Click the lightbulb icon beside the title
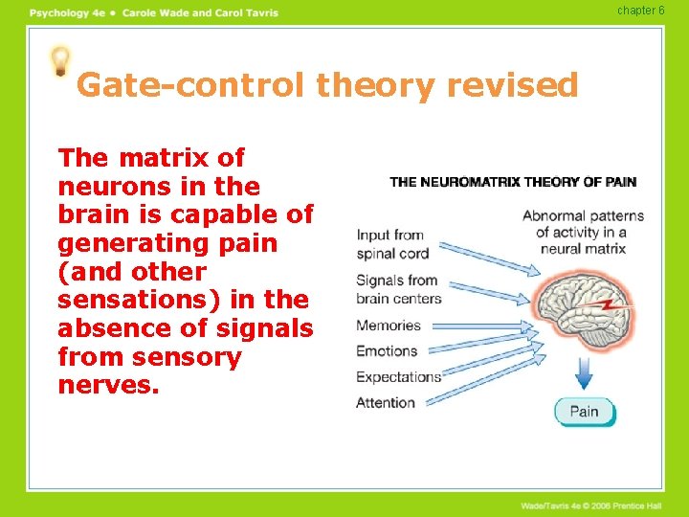click(x=61, y=61)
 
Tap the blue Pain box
click(x=585, y=412)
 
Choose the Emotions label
click(x=387, y=350)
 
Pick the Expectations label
click(x=398, y=376)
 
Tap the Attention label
click(x=386, y=402)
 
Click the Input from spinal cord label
click(x=391, y=244)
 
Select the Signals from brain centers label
click(x=398, y=289)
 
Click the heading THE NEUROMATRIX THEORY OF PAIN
click(x=513, y=182)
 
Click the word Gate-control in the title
click(x=191, y=86)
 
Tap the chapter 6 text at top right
click(x=640, y=11)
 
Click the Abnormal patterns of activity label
click(x=583, y=232)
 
